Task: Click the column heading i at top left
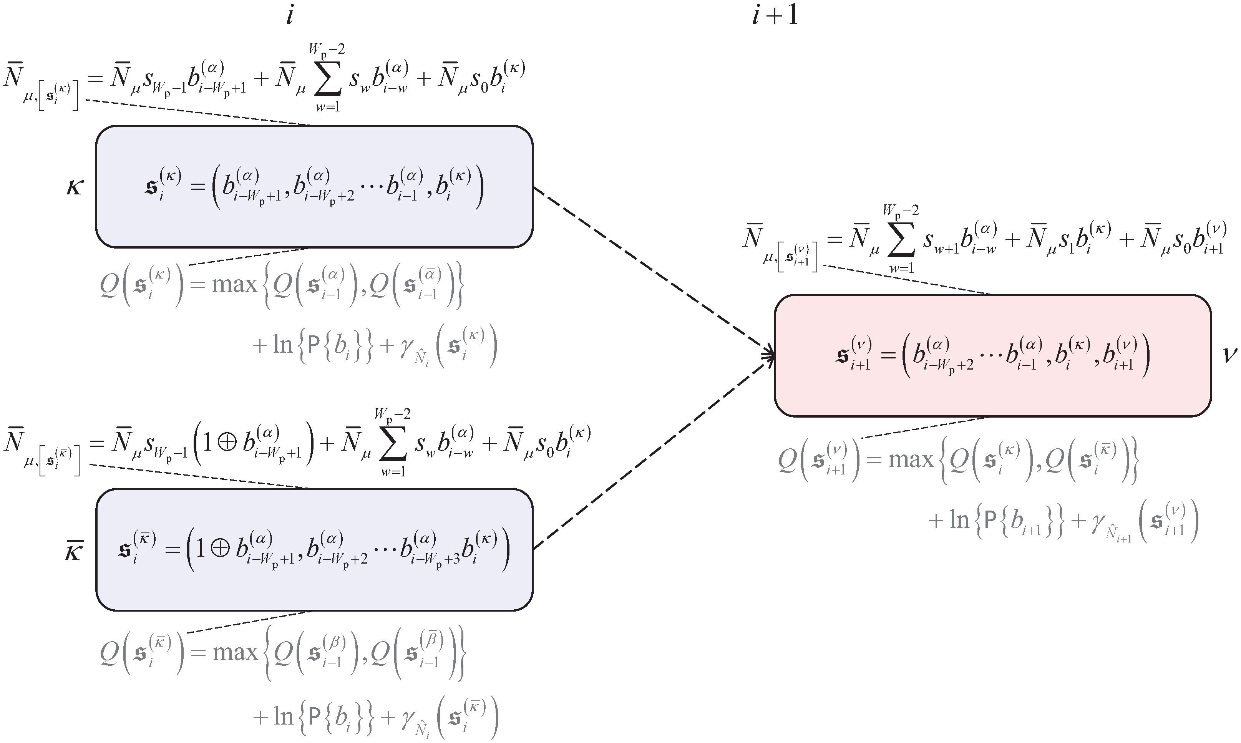pyautogui.click(x=289, y=17)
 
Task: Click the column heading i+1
pyautogui.click(x=775, y=17)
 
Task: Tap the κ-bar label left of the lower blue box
pyautogui.click(x=74, y=553)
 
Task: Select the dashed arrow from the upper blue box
pyautogui.click(x=651, y=270)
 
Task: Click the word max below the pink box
pyautogui.click(x=911, y=459)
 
